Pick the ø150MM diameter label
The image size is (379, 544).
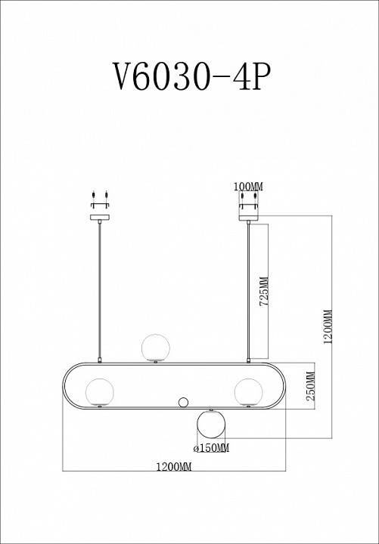pos(211,448)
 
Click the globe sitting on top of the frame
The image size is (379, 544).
pos(156,346)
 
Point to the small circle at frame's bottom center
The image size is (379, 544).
pos(182,402)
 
